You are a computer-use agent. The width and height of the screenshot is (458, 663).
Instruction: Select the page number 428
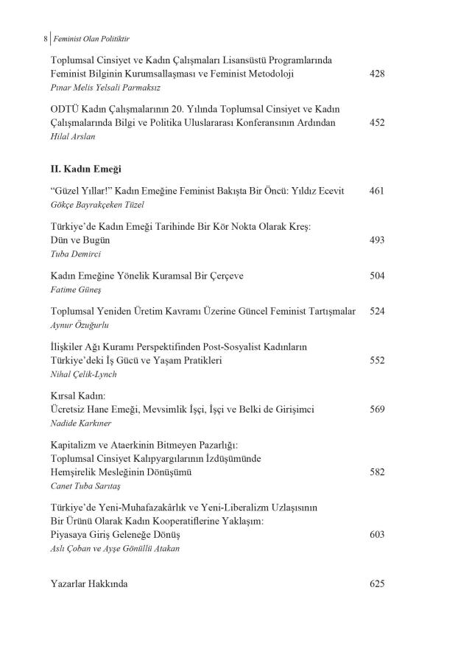coord(376,74)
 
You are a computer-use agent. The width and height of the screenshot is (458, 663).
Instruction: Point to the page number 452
coord(376,122)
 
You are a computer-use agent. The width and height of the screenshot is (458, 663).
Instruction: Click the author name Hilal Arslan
coord(73,136)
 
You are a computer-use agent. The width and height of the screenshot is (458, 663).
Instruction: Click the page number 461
coord(376,191)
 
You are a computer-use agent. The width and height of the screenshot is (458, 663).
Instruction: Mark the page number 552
coord(376,361)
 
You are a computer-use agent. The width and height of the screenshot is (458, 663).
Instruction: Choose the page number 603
coord(376,534)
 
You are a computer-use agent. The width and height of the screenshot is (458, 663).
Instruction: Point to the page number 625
coord(376,583)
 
